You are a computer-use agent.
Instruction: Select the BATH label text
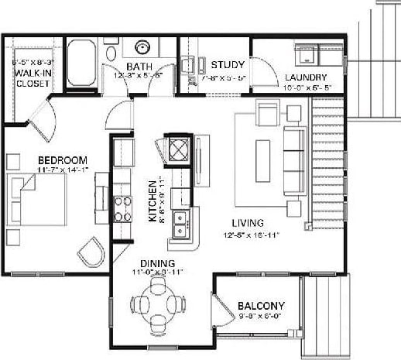tap(140, 67)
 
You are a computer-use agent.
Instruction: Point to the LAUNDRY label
tap(305, 77)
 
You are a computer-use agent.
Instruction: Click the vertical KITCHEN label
tap(153, 201)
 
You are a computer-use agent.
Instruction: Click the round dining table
tap(159, 303)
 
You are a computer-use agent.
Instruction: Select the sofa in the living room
tap(295, 159)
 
